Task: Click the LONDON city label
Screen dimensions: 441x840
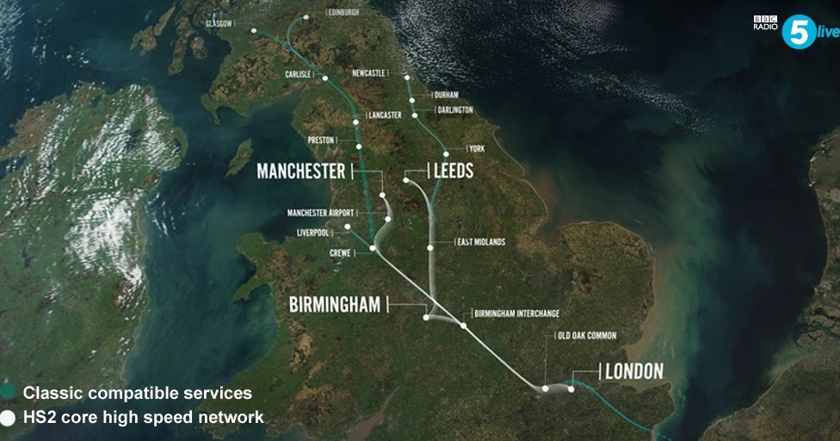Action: tap(634, 371)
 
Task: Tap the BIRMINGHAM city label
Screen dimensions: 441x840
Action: tap(337, 305)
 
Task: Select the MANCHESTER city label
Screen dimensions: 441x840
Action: tap(300, 171)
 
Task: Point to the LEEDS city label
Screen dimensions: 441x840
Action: tap(454, 171)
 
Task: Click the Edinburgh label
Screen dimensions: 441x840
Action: tap(344, 13)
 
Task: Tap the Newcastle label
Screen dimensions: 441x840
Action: tap(367, 73)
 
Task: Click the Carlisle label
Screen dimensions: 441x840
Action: tap(298, 75)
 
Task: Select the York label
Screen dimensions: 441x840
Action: tap(477, 149)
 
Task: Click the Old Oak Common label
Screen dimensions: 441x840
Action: tap(586, 336)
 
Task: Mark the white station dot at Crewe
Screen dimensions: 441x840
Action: tap(374, 249)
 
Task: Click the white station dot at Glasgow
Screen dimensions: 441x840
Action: tap(254, 31)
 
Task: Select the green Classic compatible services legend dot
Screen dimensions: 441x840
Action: tap(8, 393)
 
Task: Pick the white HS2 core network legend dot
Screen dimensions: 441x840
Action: tap(8, 418)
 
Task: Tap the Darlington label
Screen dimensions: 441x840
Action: tap(454, 109)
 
